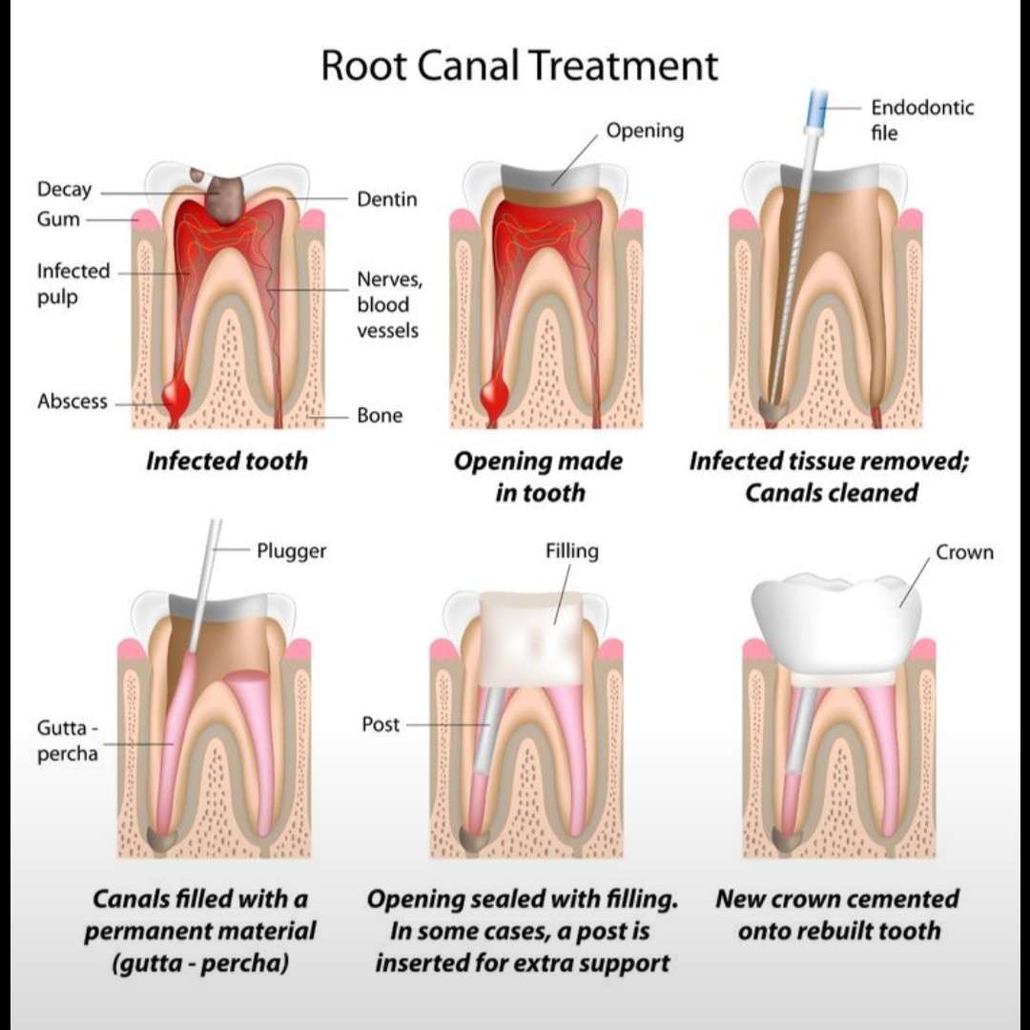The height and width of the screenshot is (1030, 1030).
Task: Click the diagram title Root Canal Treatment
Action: tap(519, 66)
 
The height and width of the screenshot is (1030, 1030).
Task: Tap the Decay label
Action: tap(65, 189)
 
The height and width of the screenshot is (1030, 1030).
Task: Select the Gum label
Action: tap(58, 219)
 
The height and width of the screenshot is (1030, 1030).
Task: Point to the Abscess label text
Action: tap(72, 402)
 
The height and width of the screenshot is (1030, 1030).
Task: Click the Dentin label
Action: tap(386, 199)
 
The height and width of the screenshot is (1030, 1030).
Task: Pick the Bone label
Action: tap(380, 416)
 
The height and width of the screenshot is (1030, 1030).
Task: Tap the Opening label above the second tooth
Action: tap(645, 131)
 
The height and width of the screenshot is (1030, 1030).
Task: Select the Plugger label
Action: tap(291, 551)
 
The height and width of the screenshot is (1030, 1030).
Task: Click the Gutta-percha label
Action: tap(67, 740)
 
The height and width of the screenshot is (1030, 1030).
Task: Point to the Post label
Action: tap(381, 725)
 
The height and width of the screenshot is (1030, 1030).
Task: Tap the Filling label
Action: tap(572, 551)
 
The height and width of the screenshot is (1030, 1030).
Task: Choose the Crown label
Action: tap(963, 552)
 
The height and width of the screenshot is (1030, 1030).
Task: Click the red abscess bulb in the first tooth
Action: tap(175, 393)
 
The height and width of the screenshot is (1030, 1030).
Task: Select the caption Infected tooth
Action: tap(227, 462)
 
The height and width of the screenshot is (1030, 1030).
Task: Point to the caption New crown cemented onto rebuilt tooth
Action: tap(836, 914)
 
